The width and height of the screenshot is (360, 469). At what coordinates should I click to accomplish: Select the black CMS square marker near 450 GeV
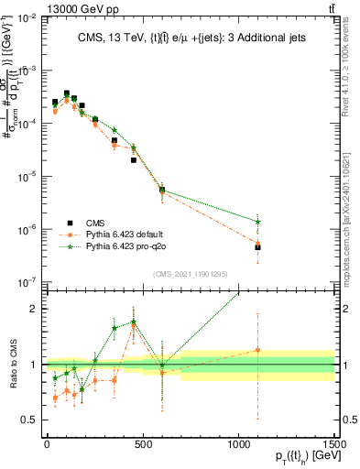134,160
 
